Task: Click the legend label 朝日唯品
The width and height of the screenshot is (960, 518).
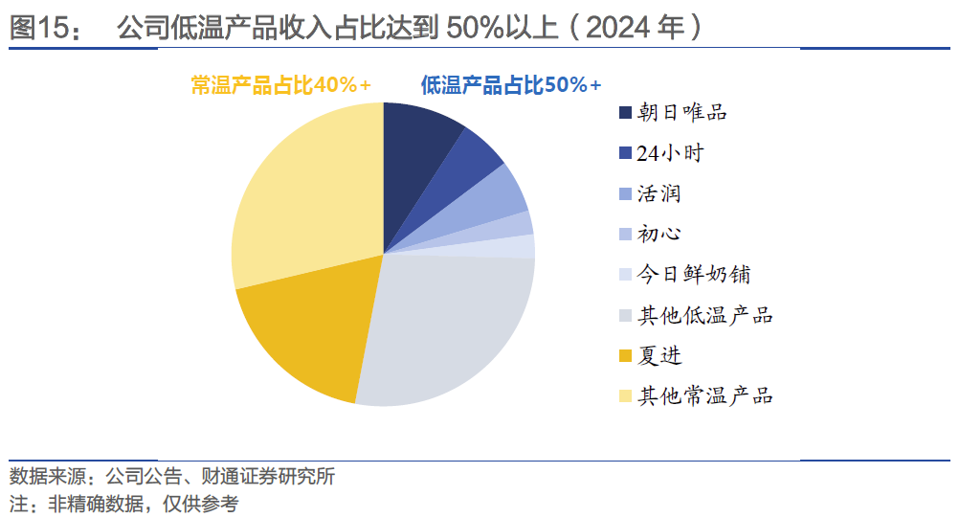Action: (x=681, y=112)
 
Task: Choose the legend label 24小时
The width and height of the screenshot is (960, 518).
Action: (x=670, y=152)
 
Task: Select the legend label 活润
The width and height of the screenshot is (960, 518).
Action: (x=659, y=193)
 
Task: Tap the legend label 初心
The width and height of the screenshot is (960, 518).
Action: (x=659, y=234)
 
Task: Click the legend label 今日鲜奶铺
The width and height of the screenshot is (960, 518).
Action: (x=693, y=275)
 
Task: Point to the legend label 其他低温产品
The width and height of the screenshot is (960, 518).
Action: (x=704, y=315)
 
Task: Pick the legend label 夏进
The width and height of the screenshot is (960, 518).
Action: (x=659, y=355)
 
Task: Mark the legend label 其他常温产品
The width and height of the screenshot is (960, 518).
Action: (x=704, y=395)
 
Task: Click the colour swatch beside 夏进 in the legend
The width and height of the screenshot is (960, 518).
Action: (x=625, y=356)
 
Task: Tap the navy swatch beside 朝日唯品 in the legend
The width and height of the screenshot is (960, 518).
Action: (x=625, y=113)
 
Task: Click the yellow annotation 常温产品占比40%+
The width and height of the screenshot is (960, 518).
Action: (x=281, y=85)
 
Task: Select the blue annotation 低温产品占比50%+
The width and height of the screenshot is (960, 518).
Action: (x=511, y=85)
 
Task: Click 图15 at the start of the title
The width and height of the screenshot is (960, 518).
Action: (x=44, y=29)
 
